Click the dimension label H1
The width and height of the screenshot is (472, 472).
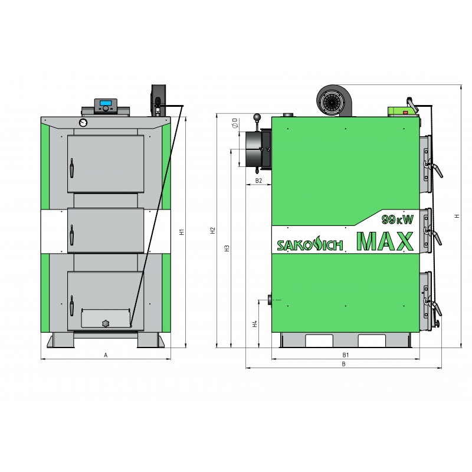click(x=182, y=232)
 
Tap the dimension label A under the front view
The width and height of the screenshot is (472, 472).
click(x=106, y=355)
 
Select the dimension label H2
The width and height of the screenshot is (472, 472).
click(x=213, y=231)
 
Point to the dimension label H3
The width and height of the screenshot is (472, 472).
click(x=227, y=248)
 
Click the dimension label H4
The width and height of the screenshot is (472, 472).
click(x=255, y=324)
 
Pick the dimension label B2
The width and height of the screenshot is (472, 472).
click(x=258, y=181)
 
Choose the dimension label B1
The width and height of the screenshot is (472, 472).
click(x=346, y=355)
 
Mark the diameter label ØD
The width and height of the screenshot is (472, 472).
click(x=235, y=123)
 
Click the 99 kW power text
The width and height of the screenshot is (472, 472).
click(x=398, y=219)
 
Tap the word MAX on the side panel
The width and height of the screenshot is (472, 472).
click(x=385, y=241)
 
